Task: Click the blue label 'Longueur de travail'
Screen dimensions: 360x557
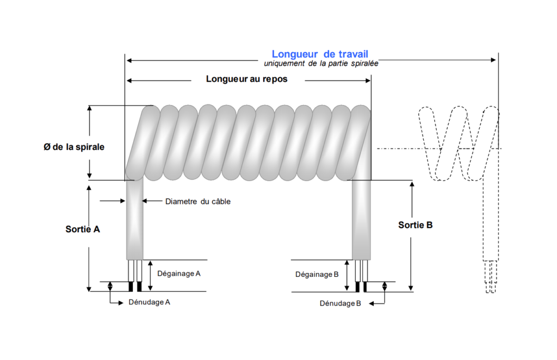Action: click(320, 54)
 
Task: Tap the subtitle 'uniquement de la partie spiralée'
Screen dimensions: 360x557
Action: click(321, 64)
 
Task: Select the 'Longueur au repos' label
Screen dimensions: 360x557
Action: click(246, 79)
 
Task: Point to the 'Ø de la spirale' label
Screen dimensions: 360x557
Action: click(74, 147)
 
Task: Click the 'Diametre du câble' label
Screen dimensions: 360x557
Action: click(197, 202)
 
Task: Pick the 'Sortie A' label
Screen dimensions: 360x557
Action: click(83, 229)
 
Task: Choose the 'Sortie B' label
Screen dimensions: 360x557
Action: click(416, 225)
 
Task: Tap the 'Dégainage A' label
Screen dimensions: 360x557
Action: click(178, 274)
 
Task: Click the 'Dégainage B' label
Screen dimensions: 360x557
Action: click(317, 275)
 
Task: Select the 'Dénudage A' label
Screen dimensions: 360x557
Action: click(150, 301)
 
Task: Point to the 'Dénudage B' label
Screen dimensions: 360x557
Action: click(341, 303)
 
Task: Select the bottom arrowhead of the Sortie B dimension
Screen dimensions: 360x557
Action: click(411, 288)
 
